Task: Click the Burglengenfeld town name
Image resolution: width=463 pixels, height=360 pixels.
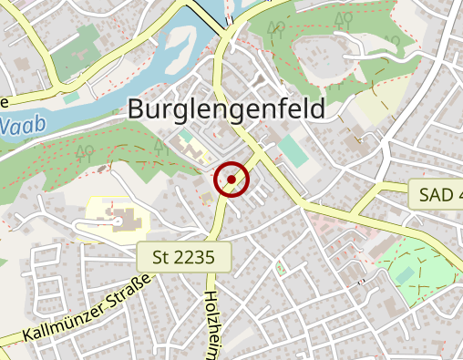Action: coord(226,109)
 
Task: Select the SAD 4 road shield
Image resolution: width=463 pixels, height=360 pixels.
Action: coord(438,194)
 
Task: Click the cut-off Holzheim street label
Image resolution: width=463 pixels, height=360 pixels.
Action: coord(211,324)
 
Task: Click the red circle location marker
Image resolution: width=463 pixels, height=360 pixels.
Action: coord(232,180)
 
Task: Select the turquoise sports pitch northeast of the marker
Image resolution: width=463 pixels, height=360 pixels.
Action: coord(293,149)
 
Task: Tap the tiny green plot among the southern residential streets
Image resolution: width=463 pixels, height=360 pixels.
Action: coord(282,268)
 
